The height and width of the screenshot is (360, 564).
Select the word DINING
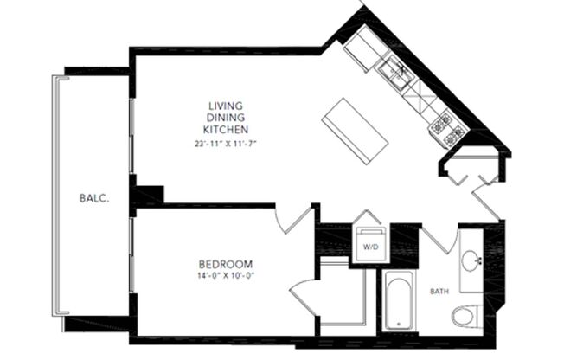point(227,117)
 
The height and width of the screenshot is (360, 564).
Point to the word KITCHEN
point(227,129)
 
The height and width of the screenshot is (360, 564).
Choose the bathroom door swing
point(437,238)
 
